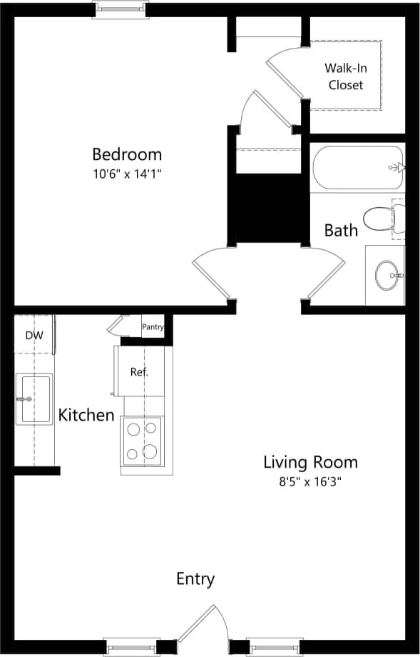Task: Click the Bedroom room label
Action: click(127, 154)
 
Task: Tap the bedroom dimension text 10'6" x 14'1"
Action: click(127, 174)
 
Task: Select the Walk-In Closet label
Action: click(345, 76)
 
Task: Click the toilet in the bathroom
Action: click(381, 218)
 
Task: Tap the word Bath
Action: click(341, 230)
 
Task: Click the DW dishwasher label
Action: click(33, 335)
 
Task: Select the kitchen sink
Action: click(34, 398)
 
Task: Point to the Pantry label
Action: click(153, 327)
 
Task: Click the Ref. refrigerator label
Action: click(139, 371)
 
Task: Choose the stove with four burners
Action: click(142, 440)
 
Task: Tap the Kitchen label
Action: click(86, 415)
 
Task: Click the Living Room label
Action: click(310, 462)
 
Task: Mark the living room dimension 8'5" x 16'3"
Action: click(310, 482)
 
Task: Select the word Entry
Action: click(195, 578)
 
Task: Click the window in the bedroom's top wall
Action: click(120, 9)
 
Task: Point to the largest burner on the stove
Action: click(150, 451)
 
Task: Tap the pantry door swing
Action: click(116, 326)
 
